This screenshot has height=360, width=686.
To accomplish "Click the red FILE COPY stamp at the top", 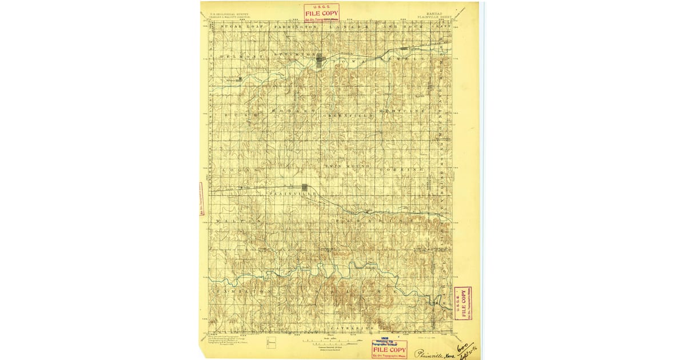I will pos(321,12).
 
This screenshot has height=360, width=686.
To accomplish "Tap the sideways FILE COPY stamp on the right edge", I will pos(462,303).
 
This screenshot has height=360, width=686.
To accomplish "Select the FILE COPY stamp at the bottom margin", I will pos(389,349).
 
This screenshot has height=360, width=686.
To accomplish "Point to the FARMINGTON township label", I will pos(295,27).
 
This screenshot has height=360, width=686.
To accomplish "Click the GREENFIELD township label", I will pos(349,115).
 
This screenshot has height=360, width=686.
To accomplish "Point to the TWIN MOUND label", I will pos(348,166).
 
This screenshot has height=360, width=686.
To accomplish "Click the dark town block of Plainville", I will pos(305,187).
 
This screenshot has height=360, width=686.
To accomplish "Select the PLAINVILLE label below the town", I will pos(293,194).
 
